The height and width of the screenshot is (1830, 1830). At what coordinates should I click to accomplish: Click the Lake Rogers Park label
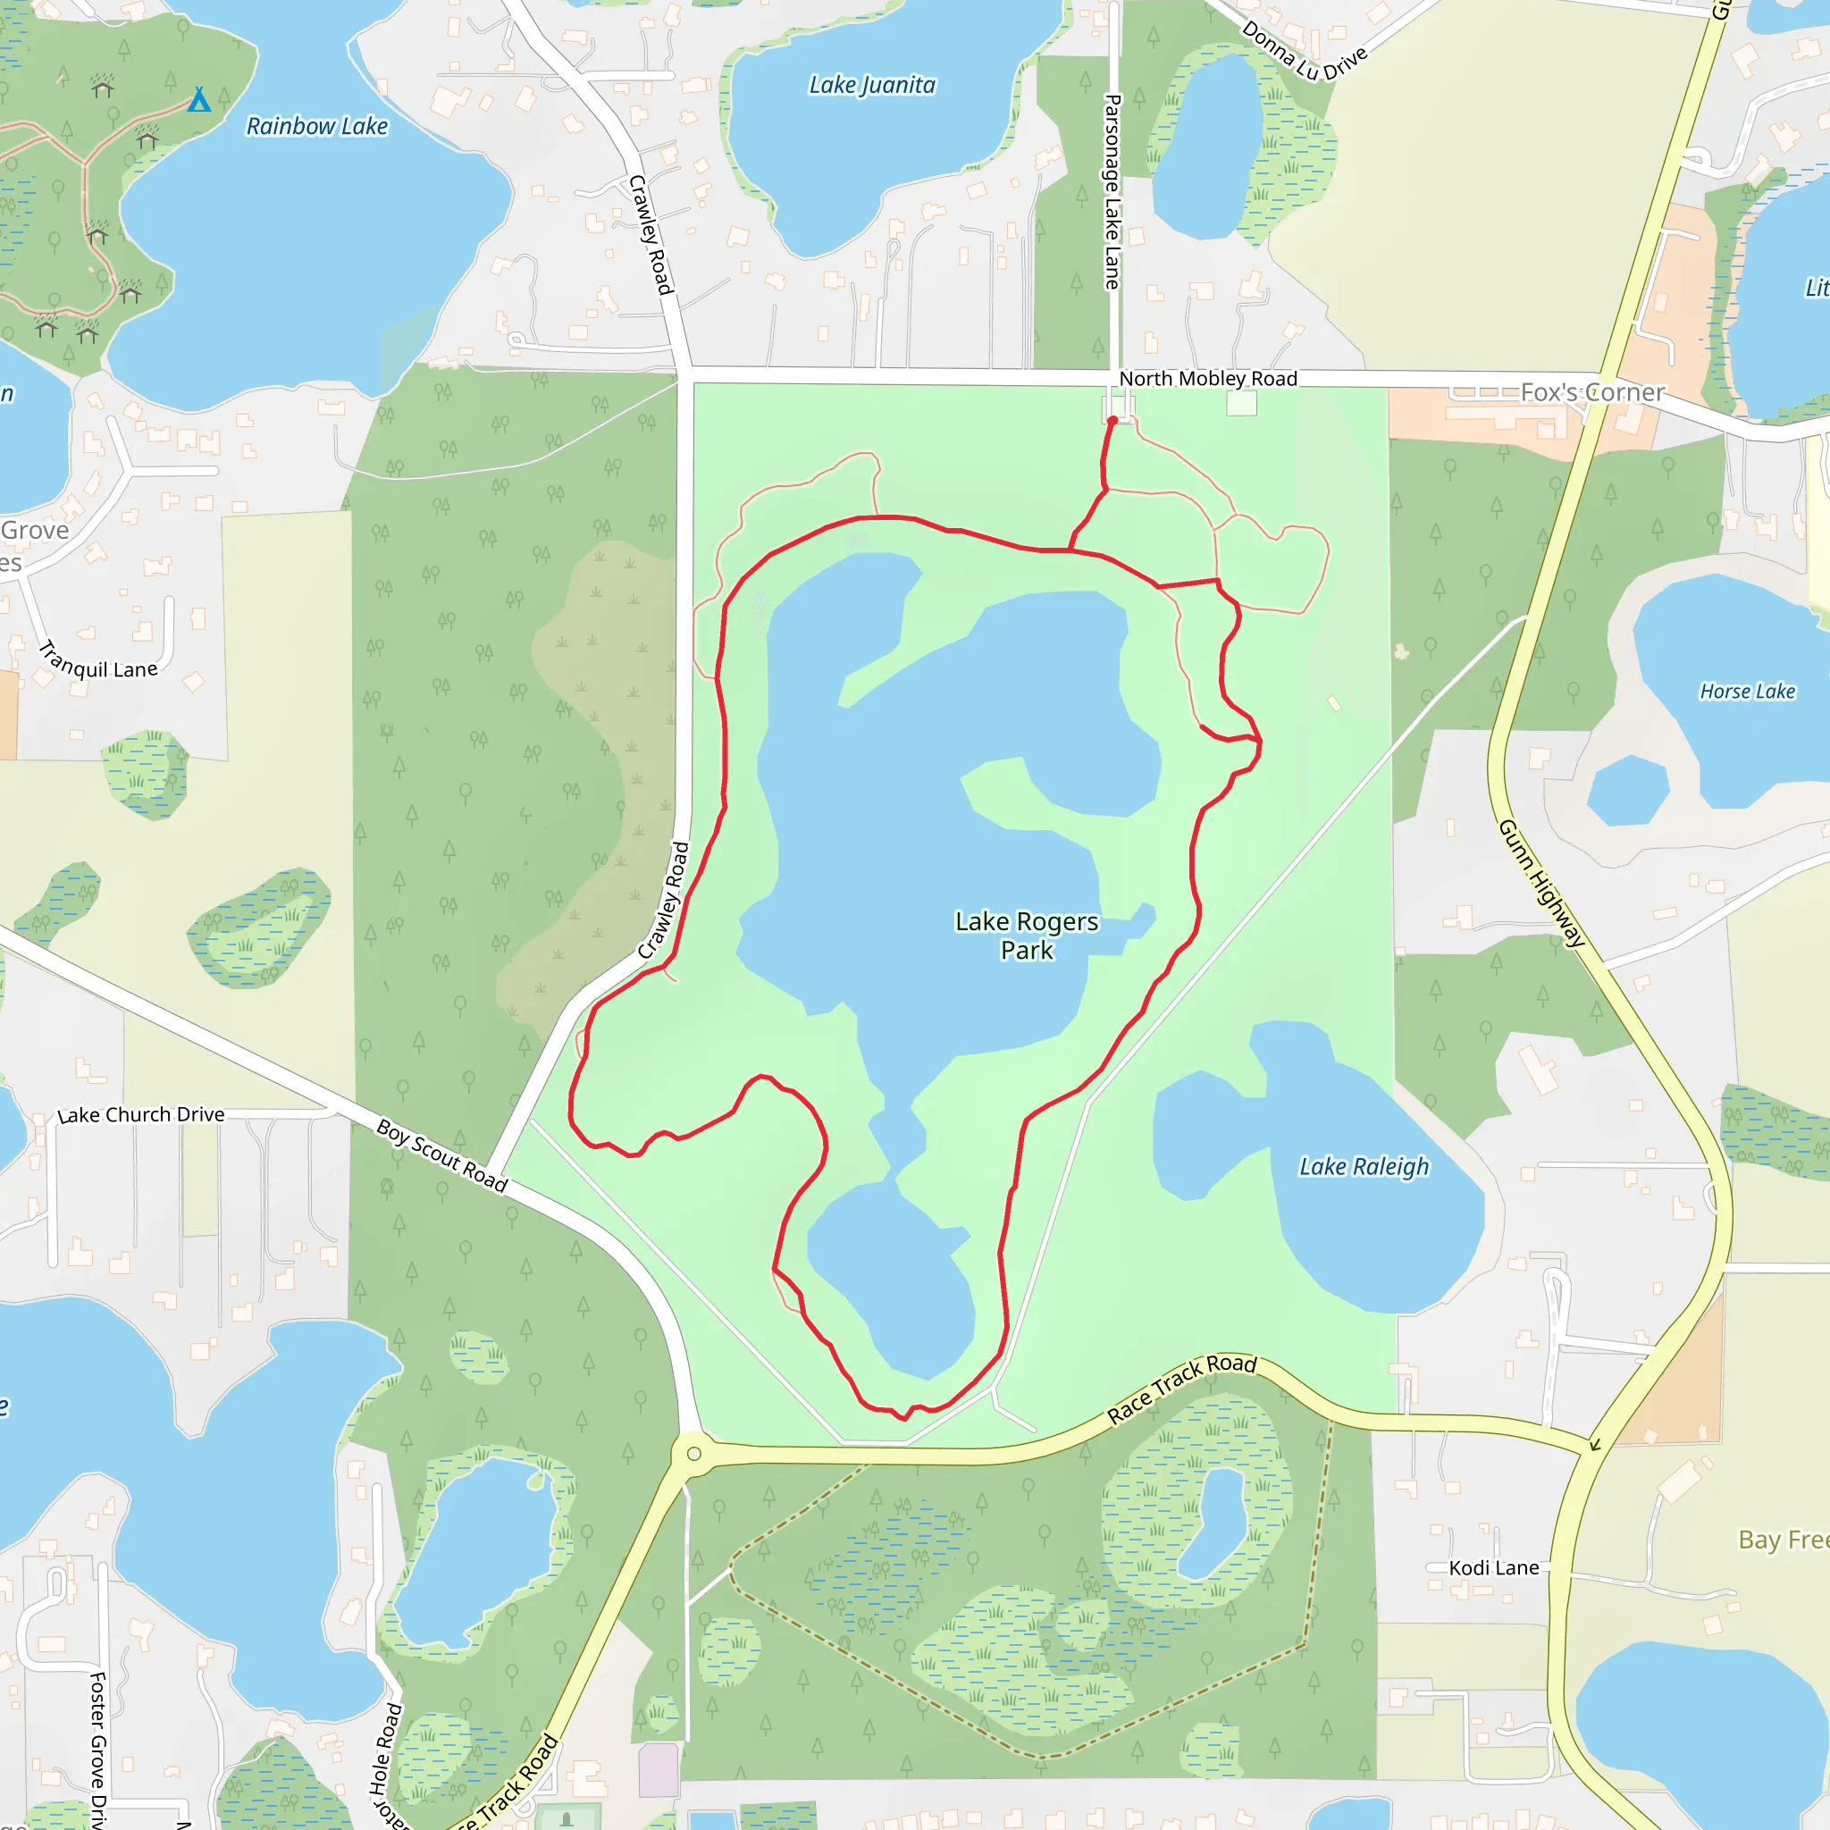pos(1027,935)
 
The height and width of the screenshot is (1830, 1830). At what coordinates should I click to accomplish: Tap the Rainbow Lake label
pos(316,126)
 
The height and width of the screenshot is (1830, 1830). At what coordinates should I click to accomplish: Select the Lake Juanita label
pos(871,85)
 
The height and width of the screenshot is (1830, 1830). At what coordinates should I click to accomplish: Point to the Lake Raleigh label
pos(1363,1166)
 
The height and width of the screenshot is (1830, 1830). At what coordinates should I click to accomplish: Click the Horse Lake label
pos(1747,692)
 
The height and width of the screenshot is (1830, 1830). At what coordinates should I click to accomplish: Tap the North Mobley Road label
pos(1208,379)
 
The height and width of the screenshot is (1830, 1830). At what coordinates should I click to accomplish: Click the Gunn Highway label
pos(1541,883)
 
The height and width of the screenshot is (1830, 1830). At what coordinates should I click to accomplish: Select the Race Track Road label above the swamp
pos(1181,1388)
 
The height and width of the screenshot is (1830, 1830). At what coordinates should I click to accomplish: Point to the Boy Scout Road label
pos(442,1154)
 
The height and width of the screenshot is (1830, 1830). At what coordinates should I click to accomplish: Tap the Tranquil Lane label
pos(98,661)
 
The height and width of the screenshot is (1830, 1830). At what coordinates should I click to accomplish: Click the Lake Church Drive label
pos(141,1115)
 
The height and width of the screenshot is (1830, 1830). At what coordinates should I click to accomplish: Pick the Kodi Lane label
pos(1494,1567)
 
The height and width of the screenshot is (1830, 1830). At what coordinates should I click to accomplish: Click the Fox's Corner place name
pos(1592,392)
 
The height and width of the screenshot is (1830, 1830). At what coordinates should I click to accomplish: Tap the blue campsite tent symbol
pos(199,99)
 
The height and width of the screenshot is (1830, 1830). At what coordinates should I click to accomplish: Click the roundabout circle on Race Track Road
pos(694,1453)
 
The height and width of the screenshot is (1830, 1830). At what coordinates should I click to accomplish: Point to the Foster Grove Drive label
pos(98,1749)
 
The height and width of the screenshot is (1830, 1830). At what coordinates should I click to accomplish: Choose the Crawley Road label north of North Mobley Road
pos(651,234)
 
